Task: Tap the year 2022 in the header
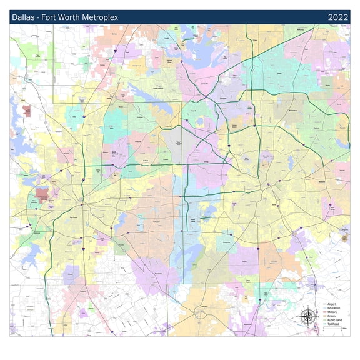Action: [337, 17]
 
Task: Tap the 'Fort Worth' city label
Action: [74, 217]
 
